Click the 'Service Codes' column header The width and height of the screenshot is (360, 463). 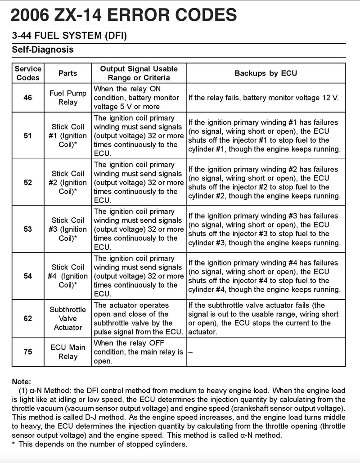coord(28,73)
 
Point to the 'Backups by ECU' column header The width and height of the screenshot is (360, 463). coord(265,73)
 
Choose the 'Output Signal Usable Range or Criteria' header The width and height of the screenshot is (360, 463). coord(139,73)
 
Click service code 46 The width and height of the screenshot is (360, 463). coord(28,98)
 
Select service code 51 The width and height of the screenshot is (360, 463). coord(28,135)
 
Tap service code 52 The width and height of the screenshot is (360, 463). coord(28,182)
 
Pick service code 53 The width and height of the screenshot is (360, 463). coord(28,229)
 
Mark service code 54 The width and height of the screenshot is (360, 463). coord(28,276)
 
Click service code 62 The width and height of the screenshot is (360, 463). coord(28,319)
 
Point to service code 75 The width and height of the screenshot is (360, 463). coord(28,352)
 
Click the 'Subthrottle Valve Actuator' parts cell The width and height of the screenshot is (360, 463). coord(68,319)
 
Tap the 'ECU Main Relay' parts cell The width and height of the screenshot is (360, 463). coord(68,352)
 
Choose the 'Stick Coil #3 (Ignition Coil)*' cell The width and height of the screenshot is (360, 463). coord(68,229)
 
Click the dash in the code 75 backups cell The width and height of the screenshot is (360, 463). coord(190,352)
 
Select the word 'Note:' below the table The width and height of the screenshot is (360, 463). coord(22,381)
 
